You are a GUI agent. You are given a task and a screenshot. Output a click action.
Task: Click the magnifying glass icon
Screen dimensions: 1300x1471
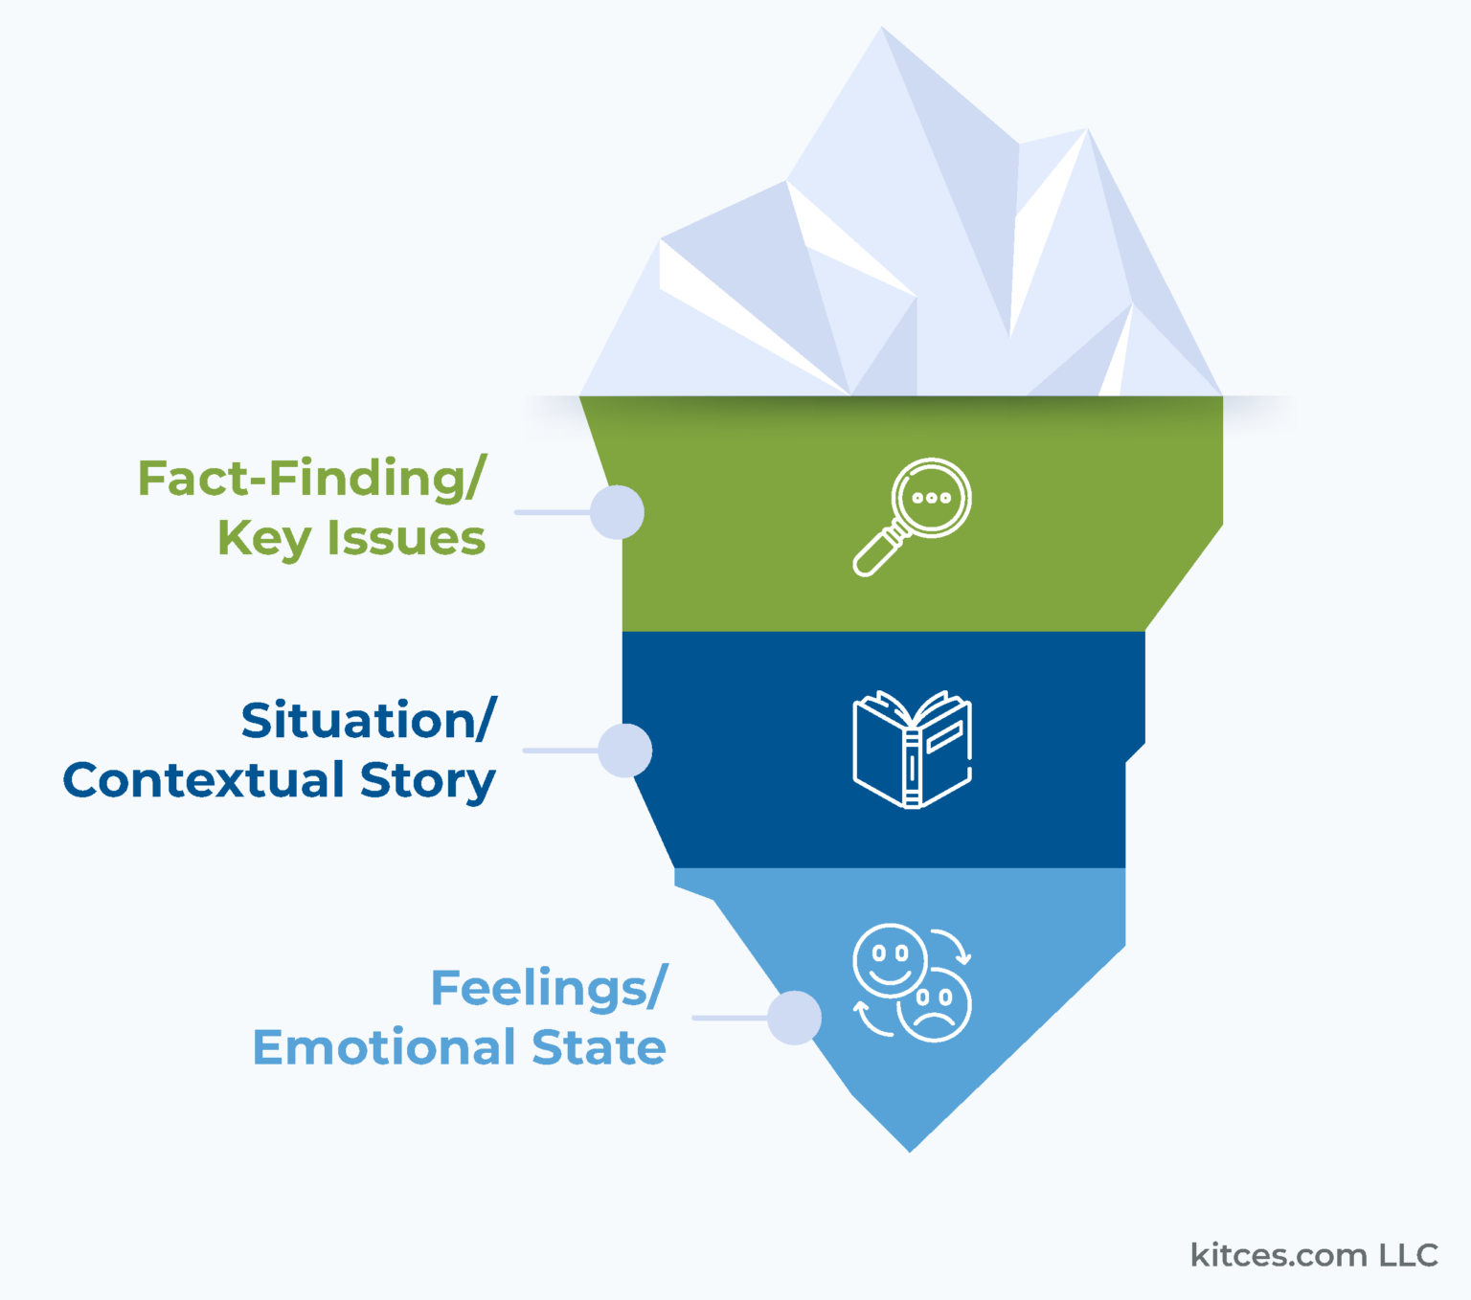point(913,516)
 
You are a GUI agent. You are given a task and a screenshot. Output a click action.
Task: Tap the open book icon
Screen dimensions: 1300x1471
point(912,750)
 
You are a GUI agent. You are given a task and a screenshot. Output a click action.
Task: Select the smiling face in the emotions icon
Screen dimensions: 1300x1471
point(890,960)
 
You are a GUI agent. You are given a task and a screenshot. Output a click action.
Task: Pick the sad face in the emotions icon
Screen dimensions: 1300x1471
point(935,1004)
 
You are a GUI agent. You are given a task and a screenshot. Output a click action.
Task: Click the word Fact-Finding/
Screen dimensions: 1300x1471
point(312,479)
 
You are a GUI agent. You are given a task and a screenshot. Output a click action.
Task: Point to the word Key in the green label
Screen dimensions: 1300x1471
point(263,539)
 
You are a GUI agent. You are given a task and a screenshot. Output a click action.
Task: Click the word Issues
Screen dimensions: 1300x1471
point(406,538)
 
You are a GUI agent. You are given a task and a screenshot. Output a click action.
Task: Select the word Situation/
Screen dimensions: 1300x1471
point(369,721)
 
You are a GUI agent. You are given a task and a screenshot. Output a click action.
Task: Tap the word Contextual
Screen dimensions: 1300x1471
point(203,780)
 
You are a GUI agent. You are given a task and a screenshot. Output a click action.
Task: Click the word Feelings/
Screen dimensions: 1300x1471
point(549,988)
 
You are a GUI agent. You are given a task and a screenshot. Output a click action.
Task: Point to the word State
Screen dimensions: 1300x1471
point(600,1047)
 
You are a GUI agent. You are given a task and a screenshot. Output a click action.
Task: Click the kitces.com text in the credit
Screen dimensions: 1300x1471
point(1279,1255)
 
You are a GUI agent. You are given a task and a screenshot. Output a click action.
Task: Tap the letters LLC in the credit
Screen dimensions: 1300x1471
point(1409,1255)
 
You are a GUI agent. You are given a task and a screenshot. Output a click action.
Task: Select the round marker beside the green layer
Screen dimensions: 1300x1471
point(617,512)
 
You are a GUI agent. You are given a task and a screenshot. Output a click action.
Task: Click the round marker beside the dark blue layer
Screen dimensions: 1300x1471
point(625,751)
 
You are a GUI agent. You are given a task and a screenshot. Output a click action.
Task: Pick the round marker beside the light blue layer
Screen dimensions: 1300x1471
point(794,1018)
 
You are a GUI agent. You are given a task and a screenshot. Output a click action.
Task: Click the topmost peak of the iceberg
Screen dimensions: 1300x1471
point(882,29)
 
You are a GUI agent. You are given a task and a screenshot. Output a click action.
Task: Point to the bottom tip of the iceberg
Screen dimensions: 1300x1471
point(910,1150)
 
